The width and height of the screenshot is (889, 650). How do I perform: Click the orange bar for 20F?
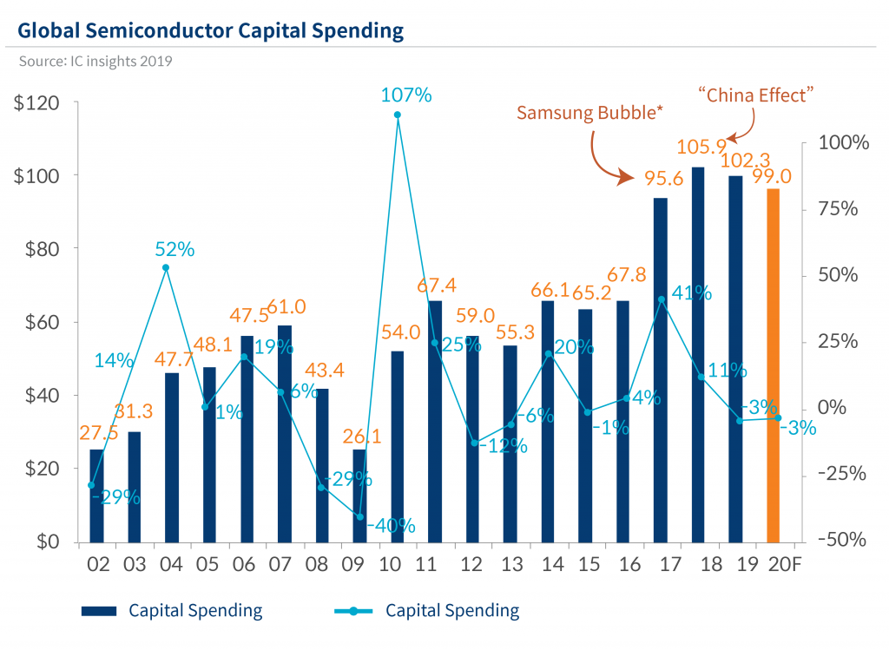pos(773,364)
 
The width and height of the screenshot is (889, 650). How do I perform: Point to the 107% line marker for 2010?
pos(397,115)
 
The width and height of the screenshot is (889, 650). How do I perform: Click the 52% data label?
pos(175,249)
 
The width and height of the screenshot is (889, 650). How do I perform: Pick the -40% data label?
pos(391,525)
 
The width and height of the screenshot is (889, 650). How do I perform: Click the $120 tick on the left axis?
pos(37,103)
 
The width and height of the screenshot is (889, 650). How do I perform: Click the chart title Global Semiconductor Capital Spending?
pos(210,31)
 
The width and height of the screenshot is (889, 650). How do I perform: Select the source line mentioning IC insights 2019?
pos(95,62)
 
